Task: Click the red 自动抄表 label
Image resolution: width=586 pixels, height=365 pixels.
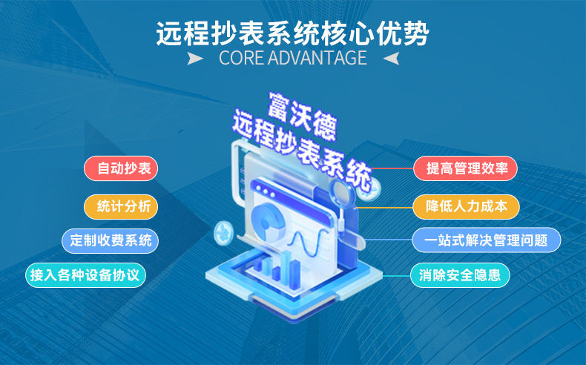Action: [x=121, y=168]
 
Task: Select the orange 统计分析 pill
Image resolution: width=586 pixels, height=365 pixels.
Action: [x=121, y=206]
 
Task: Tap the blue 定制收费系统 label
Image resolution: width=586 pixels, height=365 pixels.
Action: [x=111, y=240]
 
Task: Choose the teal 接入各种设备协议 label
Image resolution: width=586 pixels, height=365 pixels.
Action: [x=85, y=275]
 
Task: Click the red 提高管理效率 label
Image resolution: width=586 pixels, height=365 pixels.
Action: [x=465, y=168]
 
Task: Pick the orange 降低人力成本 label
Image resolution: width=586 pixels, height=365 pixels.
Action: [x=466, y=206]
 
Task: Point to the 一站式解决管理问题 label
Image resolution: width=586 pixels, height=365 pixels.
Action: [x=487, y=240]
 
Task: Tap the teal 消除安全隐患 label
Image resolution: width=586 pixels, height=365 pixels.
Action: [x=460, y=275]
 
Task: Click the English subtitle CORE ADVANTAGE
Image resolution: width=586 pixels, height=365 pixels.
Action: [x=292, y=58]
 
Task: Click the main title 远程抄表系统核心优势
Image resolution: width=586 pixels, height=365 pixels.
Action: [x=292, y=33]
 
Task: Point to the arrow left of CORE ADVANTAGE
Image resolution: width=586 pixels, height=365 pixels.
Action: [x=194, y=59]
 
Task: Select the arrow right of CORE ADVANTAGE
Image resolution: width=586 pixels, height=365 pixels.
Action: [x=392, y=59]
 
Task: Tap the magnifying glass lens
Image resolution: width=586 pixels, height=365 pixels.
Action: [x=342, y=192]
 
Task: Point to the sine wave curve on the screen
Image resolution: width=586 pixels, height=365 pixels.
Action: [x=306, y=243]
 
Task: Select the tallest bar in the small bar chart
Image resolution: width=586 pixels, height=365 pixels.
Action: [x=286, y=264]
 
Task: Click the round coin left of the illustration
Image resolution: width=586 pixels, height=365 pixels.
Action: [x=223, y=233]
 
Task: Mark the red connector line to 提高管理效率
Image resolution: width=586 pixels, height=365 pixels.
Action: [x=392, y=168]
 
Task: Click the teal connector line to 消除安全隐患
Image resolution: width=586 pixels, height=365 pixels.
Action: [x=396, y=276]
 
